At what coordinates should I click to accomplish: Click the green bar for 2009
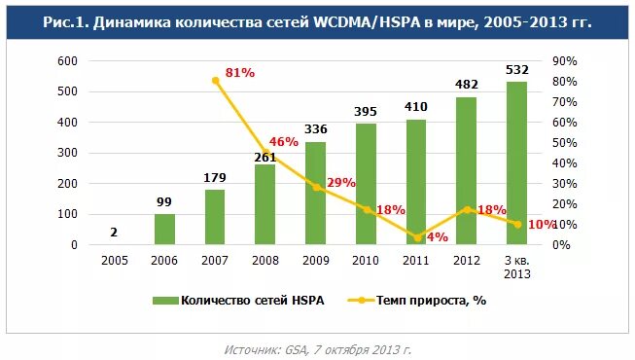pyautogui.click(x=315, y=194)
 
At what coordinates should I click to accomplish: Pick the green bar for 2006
pyautogui.click(x=164, y=230)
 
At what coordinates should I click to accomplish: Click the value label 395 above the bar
pyautogui.click(x=365, y=113)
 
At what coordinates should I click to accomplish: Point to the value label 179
pyautogui.click(x=215, y=177)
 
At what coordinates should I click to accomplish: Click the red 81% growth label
pyautogui.click(x=239, y=73)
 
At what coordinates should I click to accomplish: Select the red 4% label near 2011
pyautogui.click(x=437, y=237)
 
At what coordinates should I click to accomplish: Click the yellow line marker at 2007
pyautogui.click(x=215, y=81)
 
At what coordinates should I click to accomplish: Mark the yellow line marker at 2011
pyautogui.click(x=416, y=237)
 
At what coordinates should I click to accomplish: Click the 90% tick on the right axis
pyautogui.click(x=565, y=60)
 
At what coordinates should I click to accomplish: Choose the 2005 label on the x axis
pyautogui.click(x=114, y=260)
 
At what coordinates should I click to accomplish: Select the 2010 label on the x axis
pyautogui.click(x=366, y=260)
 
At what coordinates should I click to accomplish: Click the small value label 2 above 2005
pyautogui.click(x=114, y=232)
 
